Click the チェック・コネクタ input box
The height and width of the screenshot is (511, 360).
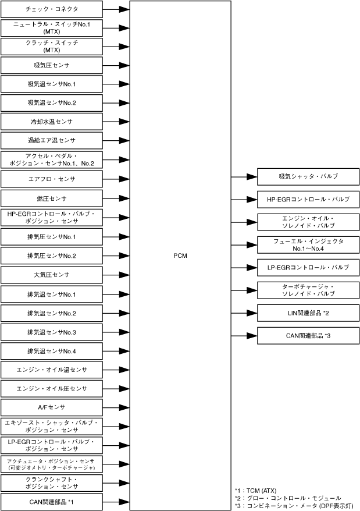(x=52, y=9)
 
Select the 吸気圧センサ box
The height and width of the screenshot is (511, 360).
(x=52, y=66)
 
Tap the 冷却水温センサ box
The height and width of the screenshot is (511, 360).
(x=52, y=122)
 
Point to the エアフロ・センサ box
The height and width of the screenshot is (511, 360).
(x=52, y=178)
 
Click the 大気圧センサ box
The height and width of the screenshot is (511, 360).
(x=52, y=274)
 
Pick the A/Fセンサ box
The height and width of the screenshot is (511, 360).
(x=52, y=407)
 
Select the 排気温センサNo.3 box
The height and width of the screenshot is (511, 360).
(x=52, y=332)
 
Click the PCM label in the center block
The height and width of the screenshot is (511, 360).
(x=180, y=255)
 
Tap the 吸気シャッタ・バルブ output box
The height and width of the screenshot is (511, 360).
(x=308, y=176)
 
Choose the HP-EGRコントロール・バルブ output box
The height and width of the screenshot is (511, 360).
(x=308, y=199)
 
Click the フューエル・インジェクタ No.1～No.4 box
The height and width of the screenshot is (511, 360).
(x=308, y=244)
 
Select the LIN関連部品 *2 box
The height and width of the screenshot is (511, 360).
(x=308, y=313)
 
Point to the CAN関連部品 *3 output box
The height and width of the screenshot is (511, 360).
(x=308, y=336)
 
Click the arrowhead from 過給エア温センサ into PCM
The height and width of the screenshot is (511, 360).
(x=124, y=141)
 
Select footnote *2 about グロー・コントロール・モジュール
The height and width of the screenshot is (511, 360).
(x=287, y=498)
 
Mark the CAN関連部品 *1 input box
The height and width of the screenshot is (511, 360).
(x=52, y=501)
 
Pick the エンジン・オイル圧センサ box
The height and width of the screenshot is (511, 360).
(x=52, y=388)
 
